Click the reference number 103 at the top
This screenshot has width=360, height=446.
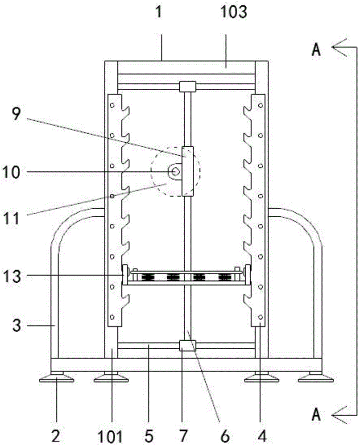(x=234, y=13)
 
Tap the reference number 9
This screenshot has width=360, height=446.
(x=17, y=115)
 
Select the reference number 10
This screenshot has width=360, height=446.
(x=12, y=172)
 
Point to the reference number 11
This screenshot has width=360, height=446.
(x=12, y=219)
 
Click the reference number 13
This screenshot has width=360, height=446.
(x=12, y=276)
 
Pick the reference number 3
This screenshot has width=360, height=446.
(x=17, y=325)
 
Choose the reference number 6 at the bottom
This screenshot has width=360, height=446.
(x=224, y=436)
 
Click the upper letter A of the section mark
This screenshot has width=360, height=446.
(x=316, y=50)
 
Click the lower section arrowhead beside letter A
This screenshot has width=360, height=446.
(x=339, y=415)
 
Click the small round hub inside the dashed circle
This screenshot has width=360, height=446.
(x=174, y=172)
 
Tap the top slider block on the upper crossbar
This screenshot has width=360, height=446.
(x=187, y=87)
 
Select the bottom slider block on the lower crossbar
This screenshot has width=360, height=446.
(x=187, y=346)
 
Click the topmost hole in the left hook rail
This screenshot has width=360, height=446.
(x=112, y=105)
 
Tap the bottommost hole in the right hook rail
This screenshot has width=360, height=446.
(x=261, y=317)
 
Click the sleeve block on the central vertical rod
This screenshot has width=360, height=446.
(x=187, y=172)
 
